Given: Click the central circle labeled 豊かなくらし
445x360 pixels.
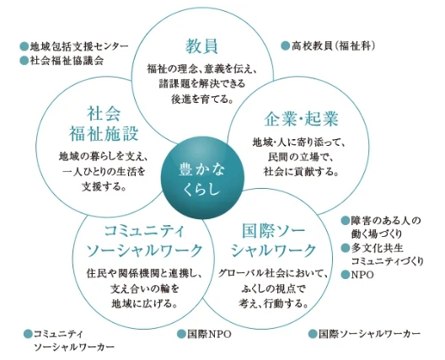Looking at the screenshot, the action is pyautogui.click(x=202, y=178).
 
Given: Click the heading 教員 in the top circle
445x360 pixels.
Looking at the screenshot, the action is pyautogui.click(x=201, y=46).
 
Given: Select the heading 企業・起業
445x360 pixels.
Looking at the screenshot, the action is pyautogui.click(x=302, y=119).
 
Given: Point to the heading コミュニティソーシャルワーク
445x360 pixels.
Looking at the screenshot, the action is pyautogui.click(x=144, y=241).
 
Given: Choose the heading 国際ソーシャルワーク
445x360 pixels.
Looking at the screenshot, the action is pyautogui.click(x=273, y=241).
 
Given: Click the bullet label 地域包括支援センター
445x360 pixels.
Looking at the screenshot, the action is pyautogui.click(x=79, y=46).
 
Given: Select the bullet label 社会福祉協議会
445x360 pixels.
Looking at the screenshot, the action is pyautogui.click(x=67, y=61).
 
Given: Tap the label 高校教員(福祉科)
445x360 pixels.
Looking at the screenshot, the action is pyautogui.click(x=333, y=46).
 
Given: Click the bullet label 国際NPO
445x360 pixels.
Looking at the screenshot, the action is pyautogui.click(x=209, y=334).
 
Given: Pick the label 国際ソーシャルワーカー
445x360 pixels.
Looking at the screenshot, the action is pyautogui.click(x=369, y=334).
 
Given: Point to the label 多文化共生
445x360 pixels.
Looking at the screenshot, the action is pyautogui.click(x=378, y=248).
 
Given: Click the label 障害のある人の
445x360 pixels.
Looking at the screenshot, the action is pyautogui.click(x=386, y=220).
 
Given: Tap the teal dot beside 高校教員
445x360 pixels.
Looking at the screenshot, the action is pyautogui.click(x=285, y=46).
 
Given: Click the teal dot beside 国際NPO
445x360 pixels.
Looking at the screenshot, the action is pyautogui.click(x=181, y=334).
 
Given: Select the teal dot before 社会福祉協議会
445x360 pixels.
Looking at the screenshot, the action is pyautogui.click(x=24, y=61).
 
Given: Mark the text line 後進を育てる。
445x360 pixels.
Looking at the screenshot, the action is pyautogui.click(x=202, y=99).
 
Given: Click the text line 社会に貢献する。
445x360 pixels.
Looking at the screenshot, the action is pyautogui.click(x=301, y=172).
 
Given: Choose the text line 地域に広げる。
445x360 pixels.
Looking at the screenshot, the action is pyautogui.click(x=145, y=304).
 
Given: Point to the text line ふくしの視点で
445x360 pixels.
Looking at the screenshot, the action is pyautogui.click(x=273, y=289).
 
